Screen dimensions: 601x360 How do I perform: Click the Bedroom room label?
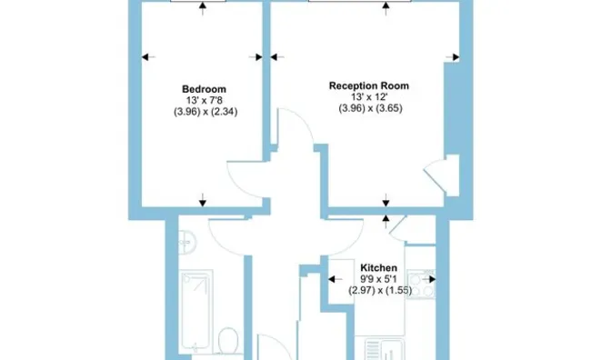[204, 89]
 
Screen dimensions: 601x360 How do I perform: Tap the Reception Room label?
[369, 85]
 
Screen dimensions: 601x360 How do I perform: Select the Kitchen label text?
[378, 267]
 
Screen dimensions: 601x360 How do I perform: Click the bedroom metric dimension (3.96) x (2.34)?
[205, 112]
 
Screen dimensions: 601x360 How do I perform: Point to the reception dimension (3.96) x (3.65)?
[371, 108]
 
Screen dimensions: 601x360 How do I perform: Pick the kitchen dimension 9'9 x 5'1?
[378, 279]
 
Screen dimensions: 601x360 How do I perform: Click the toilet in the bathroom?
[228, 340]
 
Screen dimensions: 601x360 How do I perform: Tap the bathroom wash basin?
[186, 243]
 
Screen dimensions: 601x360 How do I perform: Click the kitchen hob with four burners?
[421, 284]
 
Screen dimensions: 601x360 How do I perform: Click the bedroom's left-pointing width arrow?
[148, 57]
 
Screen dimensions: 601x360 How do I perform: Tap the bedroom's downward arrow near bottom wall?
[203, 200]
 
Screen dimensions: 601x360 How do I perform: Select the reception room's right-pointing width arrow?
[453, 57]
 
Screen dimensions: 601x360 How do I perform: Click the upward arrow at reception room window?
[386, 8]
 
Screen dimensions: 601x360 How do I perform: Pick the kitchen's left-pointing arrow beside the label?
[336, 279]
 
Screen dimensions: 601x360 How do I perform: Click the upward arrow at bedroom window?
[203, 8]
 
